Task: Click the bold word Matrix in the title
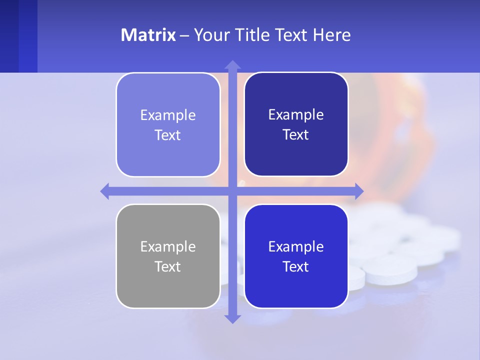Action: tap(148, 35)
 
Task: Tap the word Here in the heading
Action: tap(331, 35)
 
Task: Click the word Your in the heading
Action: tap(210, 35)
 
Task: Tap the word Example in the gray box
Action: tap(168, 246)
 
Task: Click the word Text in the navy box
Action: tap(296, 135)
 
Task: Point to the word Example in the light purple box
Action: tap(168, 115)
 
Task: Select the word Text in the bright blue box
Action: tap(296, 266)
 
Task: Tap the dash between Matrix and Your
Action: tap(184, 35)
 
